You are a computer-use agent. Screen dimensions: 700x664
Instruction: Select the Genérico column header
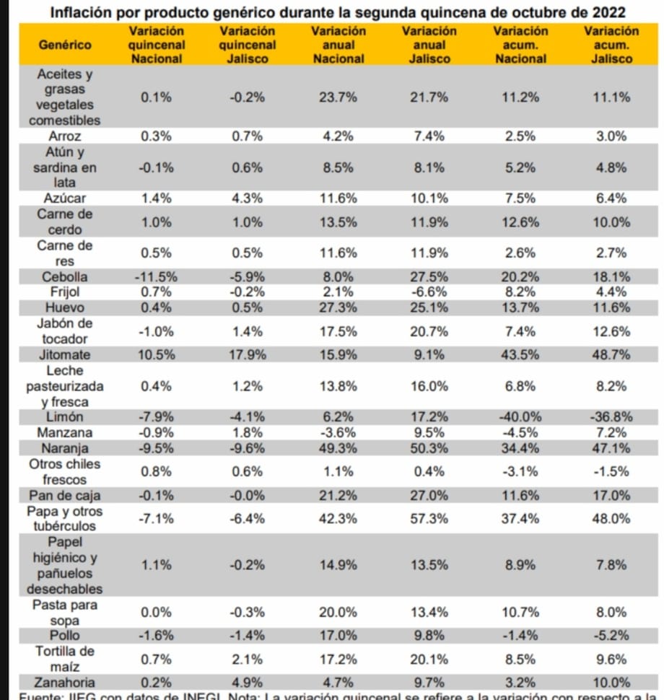(66, 45)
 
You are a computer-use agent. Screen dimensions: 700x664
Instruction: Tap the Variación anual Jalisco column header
(429, 45)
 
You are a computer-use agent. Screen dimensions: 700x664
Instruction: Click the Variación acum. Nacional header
(520, 45)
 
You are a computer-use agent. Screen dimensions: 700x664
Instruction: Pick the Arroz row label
(65, 136)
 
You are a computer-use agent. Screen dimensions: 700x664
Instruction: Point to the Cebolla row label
(65, 276)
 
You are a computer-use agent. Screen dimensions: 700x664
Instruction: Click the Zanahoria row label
(65, 682)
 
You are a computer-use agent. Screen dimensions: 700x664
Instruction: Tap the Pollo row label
(65, 635)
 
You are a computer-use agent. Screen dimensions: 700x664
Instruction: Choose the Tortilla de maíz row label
(65, 658)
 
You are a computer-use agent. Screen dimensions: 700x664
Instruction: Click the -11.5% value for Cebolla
(156, 276)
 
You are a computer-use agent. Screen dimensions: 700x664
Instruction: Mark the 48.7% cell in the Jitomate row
(611, 354)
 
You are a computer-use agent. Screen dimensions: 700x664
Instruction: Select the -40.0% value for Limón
(520, 417)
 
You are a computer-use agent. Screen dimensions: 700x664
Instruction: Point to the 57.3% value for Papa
(429, 519)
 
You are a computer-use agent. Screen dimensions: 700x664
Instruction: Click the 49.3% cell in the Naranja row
(338, 448)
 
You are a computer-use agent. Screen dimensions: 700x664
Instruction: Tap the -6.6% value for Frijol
(429, 292)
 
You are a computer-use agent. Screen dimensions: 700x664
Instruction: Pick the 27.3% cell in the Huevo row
(338, 307)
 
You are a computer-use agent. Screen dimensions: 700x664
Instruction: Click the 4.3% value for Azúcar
(247, 198)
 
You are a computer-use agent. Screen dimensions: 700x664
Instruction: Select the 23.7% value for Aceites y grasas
(338, 97)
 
